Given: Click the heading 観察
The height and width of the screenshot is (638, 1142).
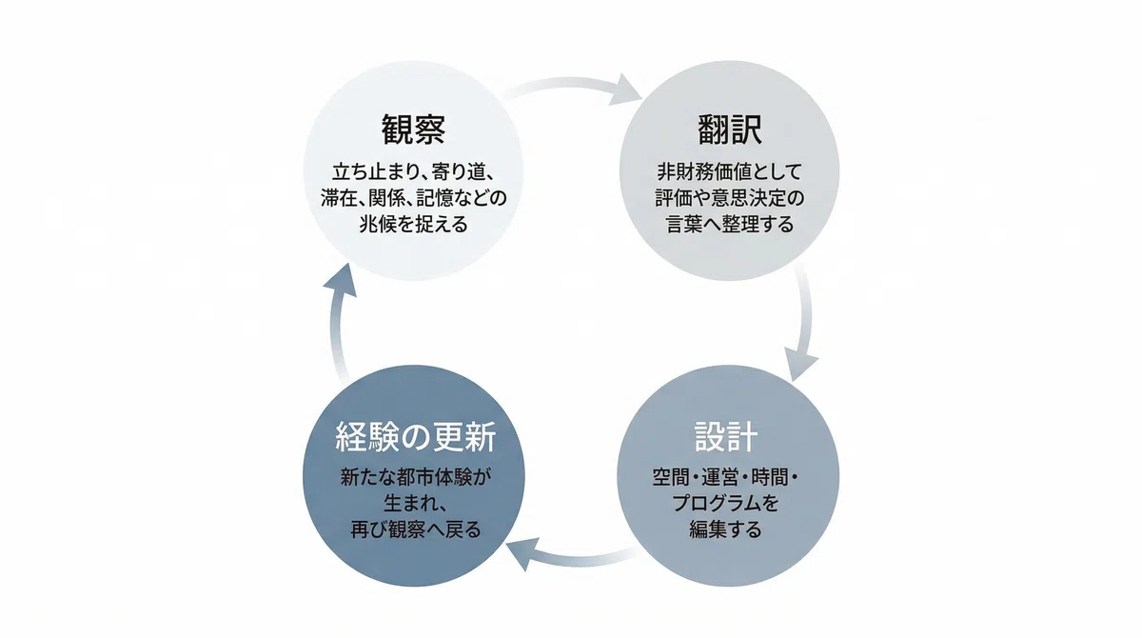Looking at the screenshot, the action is coord(413,130).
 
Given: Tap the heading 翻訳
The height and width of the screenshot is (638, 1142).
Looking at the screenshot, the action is coord(730,130).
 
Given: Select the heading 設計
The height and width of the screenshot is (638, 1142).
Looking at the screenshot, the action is coord(726,436).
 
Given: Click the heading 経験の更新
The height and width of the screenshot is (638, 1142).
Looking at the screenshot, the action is coord(415,437).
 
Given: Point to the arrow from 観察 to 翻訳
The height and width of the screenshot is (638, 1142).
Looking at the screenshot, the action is coord(571,85).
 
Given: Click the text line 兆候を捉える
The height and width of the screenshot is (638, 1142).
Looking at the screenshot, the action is coord(413,225).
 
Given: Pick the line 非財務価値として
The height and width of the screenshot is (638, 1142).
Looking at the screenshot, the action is coord(730,171).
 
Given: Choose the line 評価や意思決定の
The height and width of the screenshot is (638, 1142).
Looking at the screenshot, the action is coord(730,198).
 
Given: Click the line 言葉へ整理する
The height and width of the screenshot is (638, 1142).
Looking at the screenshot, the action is coord(730,225).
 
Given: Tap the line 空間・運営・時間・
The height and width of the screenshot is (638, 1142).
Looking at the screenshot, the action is coord(726,478).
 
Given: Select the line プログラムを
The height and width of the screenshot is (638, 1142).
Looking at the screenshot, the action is coord(726,504).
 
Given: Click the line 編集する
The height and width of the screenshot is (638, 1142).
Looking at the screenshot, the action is coord(726,529).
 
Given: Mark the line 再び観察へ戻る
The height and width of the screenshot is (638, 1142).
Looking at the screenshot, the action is coord(415,529).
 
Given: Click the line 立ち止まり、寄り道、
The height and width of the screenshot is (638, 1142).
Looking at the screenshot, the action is coord(413,171).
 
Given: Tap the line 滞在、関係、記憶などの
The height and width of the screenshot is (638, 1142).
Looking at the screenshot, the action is coord(413,198).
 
